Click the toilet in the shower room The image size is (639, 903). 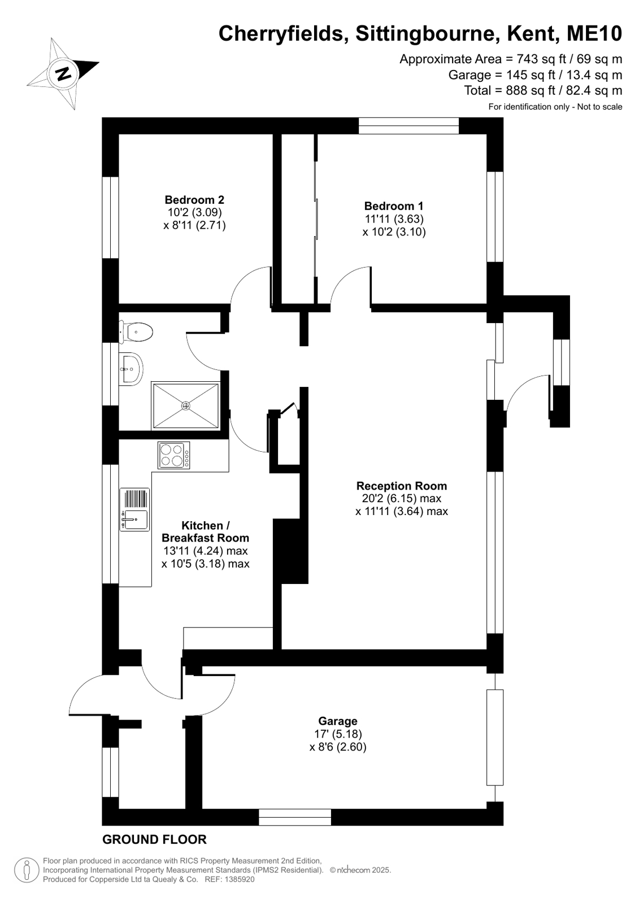[x=136, y=332]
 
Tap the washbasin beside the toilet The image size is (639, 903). [x=131, y=368]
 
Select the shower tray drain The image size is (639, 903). [x=185, y=405]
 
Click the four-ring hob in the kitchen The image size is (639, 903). [x=174, y=455]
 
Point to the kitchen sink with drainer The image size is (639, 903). [x=134, y=509]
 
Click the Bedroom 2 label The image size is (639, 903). [x=194, y=199]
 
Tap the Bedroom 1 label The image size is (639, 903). [x=394, y=206]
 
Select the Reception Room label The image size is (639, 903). [x=401, y=486]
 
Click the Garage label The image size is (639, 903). [x=338, y=721]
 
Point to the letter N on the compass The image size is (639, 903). [x=63, y=74]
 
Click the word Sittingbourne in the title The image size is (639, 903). [x=425, y=33]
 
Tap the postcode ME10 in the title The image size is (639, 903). [x=594, y=33]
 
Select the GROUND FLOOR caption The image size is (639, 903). [x=154, y=839]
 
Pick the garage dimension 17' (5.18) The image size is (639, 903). [x=338, y=734]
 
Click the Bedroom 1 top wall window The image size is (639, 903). [x=408, y=125]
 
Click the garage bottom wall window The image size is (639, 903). [x=295, y=817]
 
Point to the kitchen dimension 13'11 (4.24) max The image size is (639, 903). [x=205, y=551]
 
